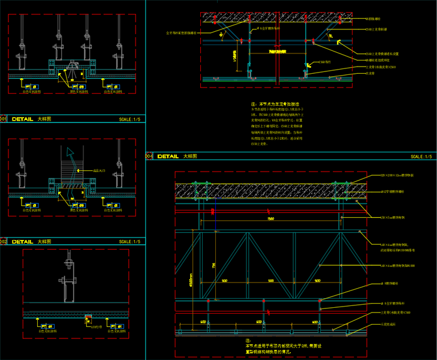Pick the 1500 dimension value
(271, 219)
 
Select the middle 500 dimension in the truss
(271, 280)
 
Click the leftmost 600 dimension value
(203, 322)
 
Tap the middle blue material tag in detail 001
(73, 88)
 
